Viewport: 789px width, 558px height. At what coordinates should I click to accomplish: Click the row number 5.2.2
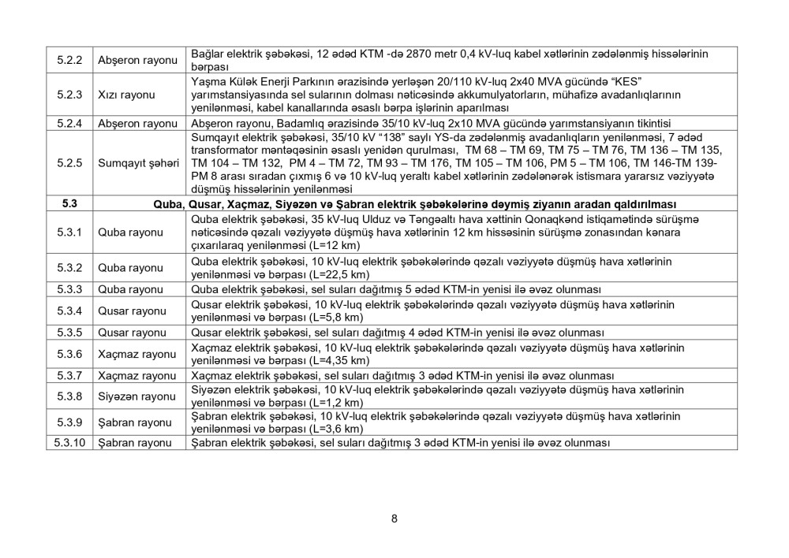click(x=69, y=60)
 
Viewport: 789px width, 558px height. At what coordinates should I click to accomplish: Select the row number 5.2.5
click(x=69, y=163)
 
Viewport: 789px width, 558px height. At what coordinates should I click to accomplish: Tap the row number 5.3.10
click(x=69, y=443)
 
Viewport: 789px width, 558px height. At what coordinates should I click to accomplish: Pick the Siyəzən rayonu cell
click(x=136, y=396)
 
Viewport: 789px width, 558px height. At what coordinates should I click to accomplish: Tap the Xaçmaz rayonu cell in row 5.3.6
click(x=136, y=355)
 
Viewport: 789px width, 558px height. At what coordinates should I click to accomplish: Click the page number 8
click(x=394, y=518)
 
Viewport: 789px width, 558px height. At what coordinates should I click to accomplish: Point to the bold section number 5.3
click(x=69, y=204)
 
